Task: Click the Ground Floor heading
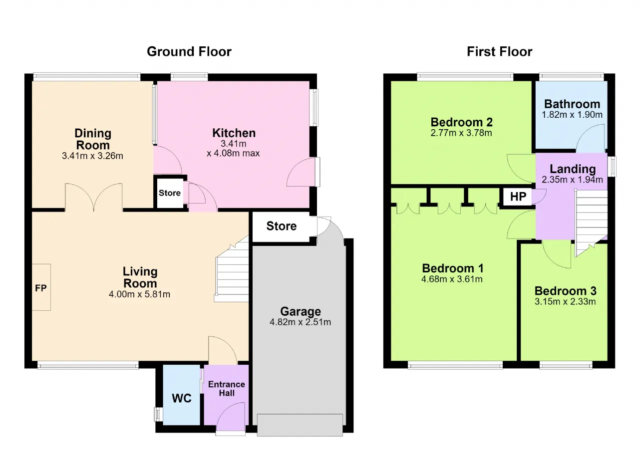coord(189,52)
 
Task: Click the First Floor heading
coord(500,52)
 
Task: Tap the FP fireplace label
coord(40,288)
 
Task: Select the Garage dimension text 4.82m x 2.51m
coord(301,322)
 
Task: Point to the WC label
coord(182,399)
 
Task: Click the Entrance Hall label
coord(227,389)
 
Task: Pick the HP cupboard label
coord(518,197)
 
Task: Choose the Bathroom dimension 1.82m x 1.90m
coord(572,115)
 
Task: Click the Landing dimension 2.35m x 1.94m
coord(572,180)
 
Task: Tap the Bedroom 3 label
coord(566,291)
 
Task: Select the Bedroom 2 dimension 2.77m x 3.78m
coord(461,133)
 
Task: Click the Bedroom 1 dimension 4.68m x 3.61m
coord(452,279)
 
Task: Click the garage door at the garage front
coord(300,425)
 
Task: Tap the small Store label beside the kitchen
coord(169,193)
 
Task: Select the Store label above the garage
coord(282,226)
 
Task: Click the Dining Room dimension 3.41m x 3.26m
coord(92,156)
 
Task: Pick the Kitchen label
coord(234,133)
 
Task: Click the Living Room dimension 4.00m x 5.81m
coord(139,294)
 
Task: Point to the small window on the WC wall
coord(158,414)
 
